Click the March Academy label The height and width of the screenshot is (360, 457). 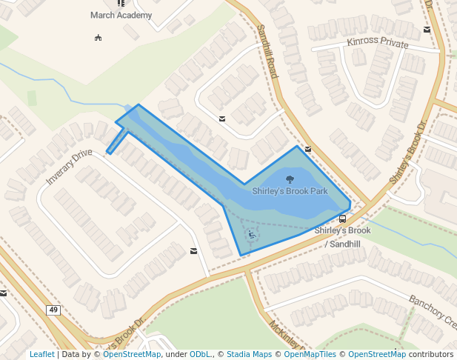pyautogui.click(x=121, y=15)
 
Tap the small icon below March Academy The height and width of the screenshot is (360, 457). pyautogui.click(x=98, y=37)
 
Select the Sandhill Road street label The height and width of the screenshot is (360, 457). pyautogui.click(x=267, y=51)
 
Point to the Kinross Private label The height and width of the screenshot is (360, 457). pyautogui.click(x=377, y=44)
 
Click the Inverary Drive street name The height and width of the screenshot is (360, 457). pyautogui.click(x=69, y=167)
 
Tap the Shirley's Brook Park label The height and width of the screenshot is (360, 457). pyautogui.click(x=290, y=191)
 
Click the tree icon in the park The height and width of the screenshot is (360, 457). pyautogui.click(x=289, y=179)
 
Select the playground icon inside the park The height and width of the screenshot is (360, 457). pyautogui.click(x=252, y=235)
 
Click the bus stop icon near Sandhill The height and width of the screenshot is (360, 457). pyautogui.click(x=342, y=219)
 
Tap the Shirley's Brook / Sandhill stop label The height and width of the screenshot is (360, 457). pyautogui.click(x=341, y=236)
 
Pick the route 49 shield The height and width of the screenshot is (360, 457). pyautogui.click(x=53, y=310)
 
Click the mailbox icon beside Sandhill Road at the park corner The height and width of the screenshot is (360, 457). pyautogui.click(x=307, y=149)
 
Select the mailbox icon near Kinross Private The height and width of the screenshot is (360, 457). pyautogui.click(x=427, y=30)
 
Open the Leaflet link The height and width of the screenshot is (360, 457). pyautogui.click(x=41, y=355)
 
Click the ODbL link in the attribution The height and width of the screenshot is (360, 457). pyautogui.click(x=200, y=355)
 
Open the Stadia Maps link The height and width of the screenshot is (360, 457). pyautogui.click(x=249, y=355)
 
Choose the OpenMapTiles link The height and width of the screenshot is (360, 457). pyautogui.click(x=310, y=355)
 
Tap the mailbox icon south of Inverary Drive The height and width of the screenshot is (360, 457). pyautogui.click(x=193, y=251)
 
